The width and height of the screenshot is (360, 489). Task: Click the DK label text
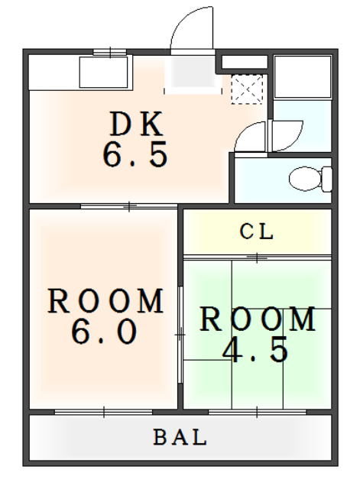click(x=137, y=124)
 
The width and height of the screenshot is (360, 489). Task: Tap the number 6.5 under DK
click(x=135, y=154)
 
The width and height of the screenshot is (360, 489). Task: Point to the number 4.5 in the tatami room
click(x=255, y=349)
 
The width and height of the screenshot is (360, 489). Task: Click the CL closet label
click(x=256, y=232)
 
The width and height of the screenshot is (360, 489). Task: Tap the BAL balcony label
click(x=180, y=437)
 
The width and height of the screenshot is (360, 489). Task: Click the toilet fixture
click(x=310, y=179)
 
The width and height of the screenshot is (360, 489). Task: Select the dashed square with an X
click(x=247, y=89)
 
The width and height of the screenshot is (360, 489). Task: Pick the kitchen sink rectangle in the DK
click(x=104, y=73)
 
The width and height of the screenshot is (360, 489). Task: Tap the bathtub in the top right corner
click(x=302, y=76)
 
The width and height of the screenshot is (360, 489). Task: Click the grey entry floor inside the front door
click(x=193, y=72)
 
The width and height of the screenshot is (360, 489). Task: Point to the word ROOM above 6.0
click(x=105, y=301)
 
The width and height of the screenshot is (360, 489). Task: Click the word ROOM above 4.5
click(x=258, y=319)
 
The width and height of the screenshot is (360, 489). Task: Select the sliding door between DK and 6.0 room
click(x=129, y=206)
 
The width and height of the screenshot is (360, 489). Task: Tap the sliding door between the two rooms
click(x=180, y=335)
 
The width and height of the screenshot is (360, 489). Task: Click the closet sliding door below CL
click(x=257, y=257)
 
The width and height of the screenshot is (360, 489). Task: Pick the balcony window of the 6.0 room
click(x=104, y=412)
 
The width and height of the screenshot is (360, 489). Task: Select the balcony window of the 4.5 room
click(x=257, y=412)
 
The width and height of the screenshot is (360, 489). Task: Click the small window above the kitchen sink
click(x=110, y=52)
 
